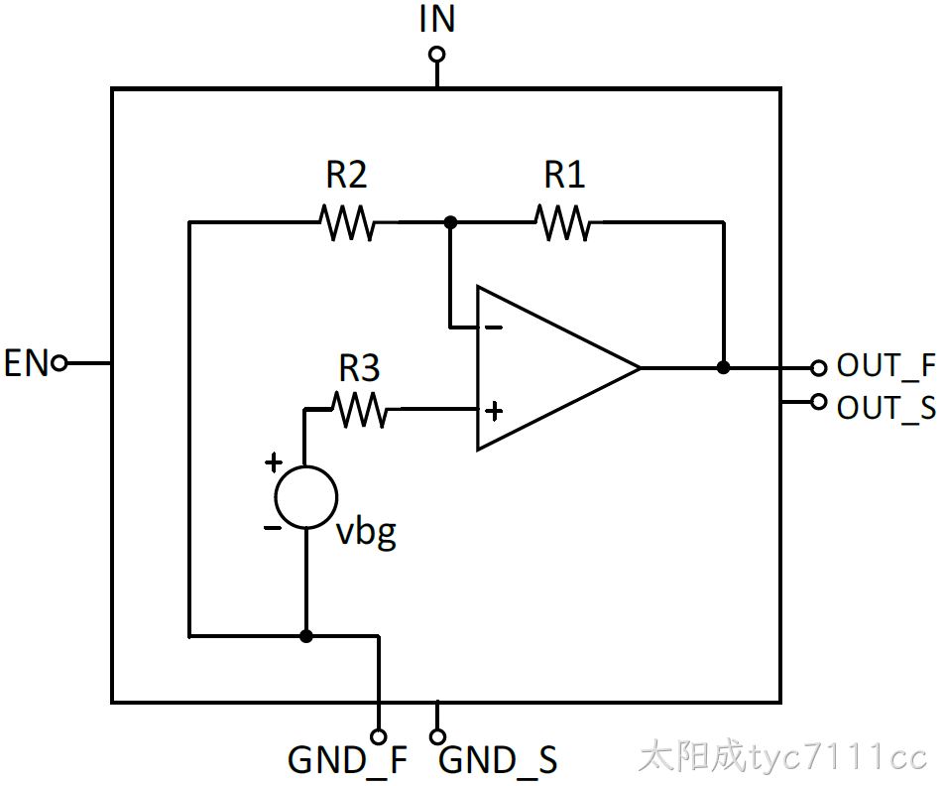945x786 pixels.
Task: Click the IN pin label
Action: coord(437,19)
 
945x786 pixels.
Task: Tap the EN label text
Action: coord(26,363)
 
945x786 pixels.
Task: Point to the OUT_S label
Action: coord(886,408)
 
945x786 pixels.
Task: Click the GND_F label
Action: coord(348,760)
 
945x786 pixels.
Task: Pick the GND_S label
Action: coord(498,760)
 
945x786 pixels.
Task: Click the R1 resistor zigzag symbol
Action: coord(563,223)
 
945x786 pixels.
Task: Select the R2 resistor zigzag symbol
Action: coord(346,223)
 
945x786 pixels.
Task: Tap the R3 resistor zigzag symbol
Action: coord(360,410)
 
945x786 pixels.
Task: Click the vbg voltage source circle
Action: coord(306,466)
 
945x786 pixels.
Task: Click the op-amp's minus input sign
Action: coord(494,327)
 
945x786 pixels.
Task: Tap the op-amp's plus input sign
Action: coord(494,412)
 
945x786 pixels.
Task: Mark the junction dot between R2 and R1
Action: coord(450,222)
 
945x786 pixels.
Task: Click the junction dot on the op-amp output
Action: coord(723,367)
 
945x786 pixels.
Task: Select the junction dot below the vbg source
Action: coord(306,636)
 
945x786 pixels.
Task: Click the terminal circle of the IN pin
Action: coord(437,55)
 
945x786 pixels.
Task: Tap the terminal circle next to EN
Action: coord(59,363)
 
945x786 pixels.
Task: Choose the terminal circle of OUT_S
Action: coord(818,401)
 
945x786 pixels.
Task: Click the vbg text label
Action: coord(366,534)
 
